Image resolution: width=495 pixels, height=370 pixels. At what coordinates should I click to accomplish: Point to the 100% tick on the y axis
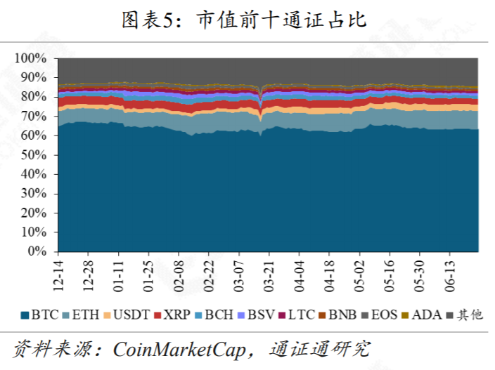[31, 58]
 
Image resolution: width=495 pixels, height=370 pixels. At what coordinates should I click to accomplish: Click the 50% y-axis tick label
[34, 154]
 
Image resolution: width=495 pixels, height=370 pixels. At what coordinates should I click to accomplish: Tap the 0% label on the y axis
[37, 251]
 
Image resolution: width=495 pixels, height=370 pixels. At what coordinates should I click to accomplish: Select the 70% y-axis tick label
[34, 116]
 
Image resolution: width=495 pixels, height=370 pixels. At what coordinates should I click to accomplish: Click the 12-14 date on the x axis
[58, 275]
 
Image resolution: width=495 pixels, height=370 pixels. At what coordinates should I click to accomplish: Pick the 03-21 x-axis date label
[268, 275]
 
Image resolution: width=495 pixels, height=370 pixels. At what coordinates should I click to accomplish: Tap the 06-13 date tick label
[449, 275]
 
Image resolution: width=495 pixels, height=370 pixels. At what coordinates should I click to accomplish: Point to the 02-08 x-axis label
[178, 275]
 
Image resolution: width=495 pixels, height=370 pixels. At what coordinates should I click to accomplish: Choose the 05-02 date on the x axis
[359, 275]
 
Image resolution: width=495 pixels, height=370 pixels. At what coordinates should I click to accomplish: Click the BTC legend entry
[40, 315]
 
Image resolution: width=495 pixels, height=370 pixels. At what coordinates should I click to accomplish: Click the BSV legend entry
[256, 315]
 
